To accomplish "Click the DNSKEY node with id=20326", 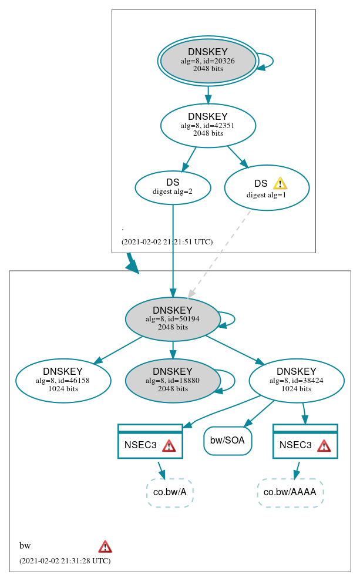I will tap(208, 61).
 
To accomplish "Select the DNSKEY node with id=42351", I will tap(208, 125).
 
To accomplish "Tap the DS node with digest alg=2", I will tap(173, 187).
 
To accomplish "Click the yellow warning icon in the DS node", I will tap(280, 183).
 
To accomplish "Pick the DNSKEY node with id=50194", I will tap(173, 319).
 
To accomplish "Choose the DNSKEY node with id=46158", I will tap(63, 381).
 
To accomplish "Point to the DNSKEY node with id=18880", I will tap(173, 381).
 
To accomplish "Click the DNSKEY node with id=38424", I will tap(297, 381).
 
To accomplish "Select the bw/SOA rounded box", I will tap(228, 441).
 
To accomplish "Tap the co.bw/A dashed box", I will tap(170, 492).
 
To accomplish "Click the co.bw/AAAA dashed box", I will tap(290, 492).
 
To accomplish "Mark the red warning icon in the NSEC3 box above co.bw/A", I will tap(169, 446).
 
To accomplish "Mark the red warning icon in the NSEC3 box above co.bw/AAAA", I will tap(324, 446).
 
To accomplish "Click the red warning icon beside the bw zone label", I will tap(105, 546).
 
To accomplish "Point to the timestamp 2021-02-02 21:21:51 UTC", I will tap(167, 242).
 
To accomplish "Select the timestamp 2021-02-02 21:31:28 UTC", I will tap(65, 561).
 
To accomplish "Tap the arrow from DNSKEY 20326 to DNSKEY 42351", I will tap(208, 94).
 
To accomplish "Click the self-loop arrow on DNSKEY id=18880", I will tap(234, 380).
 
